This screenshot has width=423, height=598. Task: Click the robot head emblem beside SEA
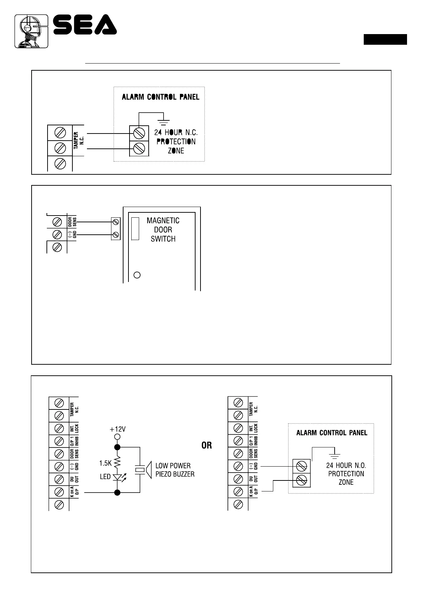coord(31,31)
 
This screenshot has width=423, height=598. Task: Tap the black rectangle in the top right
coord(385,39)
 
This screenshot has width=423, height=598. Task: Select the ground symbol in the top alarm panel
coord(164,121)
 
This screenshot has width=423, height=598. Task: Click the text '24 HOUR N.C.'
coord(176,132)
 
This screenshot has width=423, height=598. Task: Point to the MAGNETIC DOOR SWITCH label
coord(163,230)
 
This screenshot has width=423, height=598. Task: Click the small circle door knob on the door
coord(137,275)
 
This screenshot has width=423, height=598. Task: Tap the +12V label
coord(117,429)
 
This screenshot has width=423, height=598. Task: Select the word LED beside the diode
coord(105,477)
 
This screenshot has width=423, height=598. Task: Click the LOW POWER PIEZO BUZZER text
coord(175,470)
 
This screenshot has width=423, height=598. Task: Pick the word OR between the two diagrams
coord(207,445)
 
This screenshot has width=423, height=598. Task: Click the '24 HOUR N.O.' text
coord(346,465)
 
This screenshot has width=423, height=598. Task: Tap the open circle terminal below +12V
coord(117,437)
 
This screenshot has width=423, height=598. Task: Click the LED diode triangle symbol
coord(117,477)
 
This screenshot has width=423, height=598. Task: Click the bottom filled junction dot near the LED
coord(117,492)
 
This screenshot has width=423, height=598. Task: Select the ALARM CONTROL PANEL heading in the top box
coord(160,97)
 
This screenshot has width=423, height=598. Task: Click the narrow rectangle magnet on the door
coord(135,228)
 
